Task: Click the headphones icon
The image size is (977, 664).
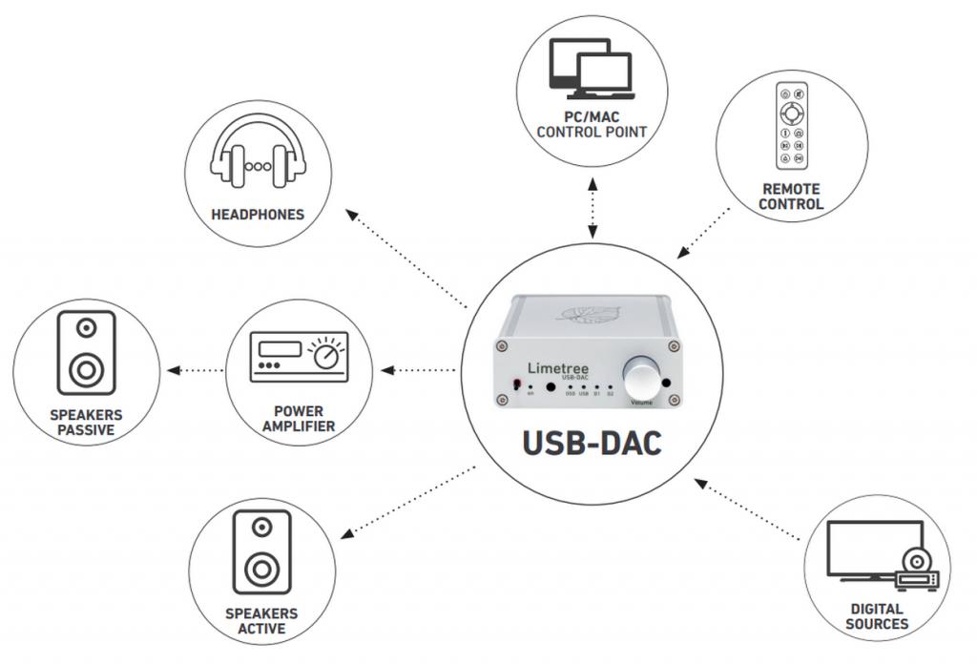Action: click(x=257, y=157)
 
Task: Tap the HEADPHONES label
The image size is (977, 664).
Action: click(x=258, y=215)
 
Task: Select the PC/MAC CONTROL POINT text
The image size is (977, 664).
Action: click(x=592, y=123)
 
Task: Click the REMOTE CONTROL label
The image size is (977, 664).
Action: click(x=792, y=197)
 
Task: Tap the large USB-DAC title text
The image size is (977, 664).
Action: click(x=592, y=444)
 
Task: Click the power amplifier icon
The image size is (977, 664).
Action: click(x=298, y=357)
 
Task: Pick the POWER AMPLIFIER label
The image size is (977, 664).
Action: click(x=298, y=419)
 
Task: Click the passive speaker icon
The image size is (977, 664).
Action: click(x=86, y=352)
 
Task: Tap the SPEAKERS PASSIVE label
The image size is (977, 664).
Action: click(x=86, y=423)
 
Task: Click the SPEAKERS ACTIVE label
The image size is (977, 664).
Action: click(x=260, y=620)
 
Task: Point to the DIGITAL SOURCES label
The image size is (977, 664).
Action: click(x=878, y=616)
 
